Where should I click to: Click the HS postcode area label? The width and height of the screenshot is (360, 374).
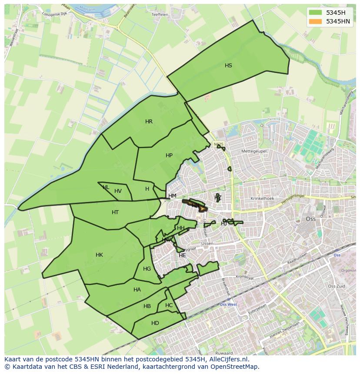point(228,66)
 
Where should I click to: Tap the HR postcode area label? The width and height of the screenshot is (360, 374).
point(149,122)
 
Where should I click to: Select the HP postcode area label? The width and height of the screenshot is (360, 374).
point(169,156)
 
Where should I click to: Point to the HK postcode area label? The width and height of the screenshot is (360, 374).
point(99,255)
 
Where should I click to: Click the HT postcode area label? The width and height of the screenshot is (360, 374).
point(115,212)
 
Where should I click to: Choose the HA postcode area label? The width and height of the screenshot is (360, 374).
point(137,290)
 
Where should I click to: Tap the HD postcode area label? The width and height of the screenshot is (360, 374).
point(155,323)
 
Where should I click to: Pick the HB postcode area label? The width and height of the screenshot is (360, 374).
point(147,306)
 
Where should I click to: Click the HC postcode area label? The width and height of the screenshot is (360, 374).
point(169,305)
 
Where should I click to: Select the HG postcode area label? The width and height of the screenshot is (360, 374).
point(147,269)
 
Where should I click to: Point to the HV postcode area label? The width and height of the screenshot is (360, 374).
point(118,191)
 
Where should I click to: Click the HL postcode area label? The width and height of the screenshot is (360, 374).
point(106,187)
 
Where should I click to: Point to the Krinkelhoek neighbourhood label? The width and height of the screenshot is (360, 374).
point(262,199)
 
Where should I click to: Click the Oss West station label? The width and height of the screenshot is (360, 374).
point(228,304)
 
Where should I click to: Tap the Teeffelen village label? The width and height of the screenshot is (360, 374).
point(160,14)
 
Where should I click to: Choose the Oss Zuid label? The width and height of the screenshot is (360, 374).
point(337,286)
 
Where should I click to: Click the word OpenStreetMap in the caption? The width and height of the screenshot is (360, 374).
point(237,367)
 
